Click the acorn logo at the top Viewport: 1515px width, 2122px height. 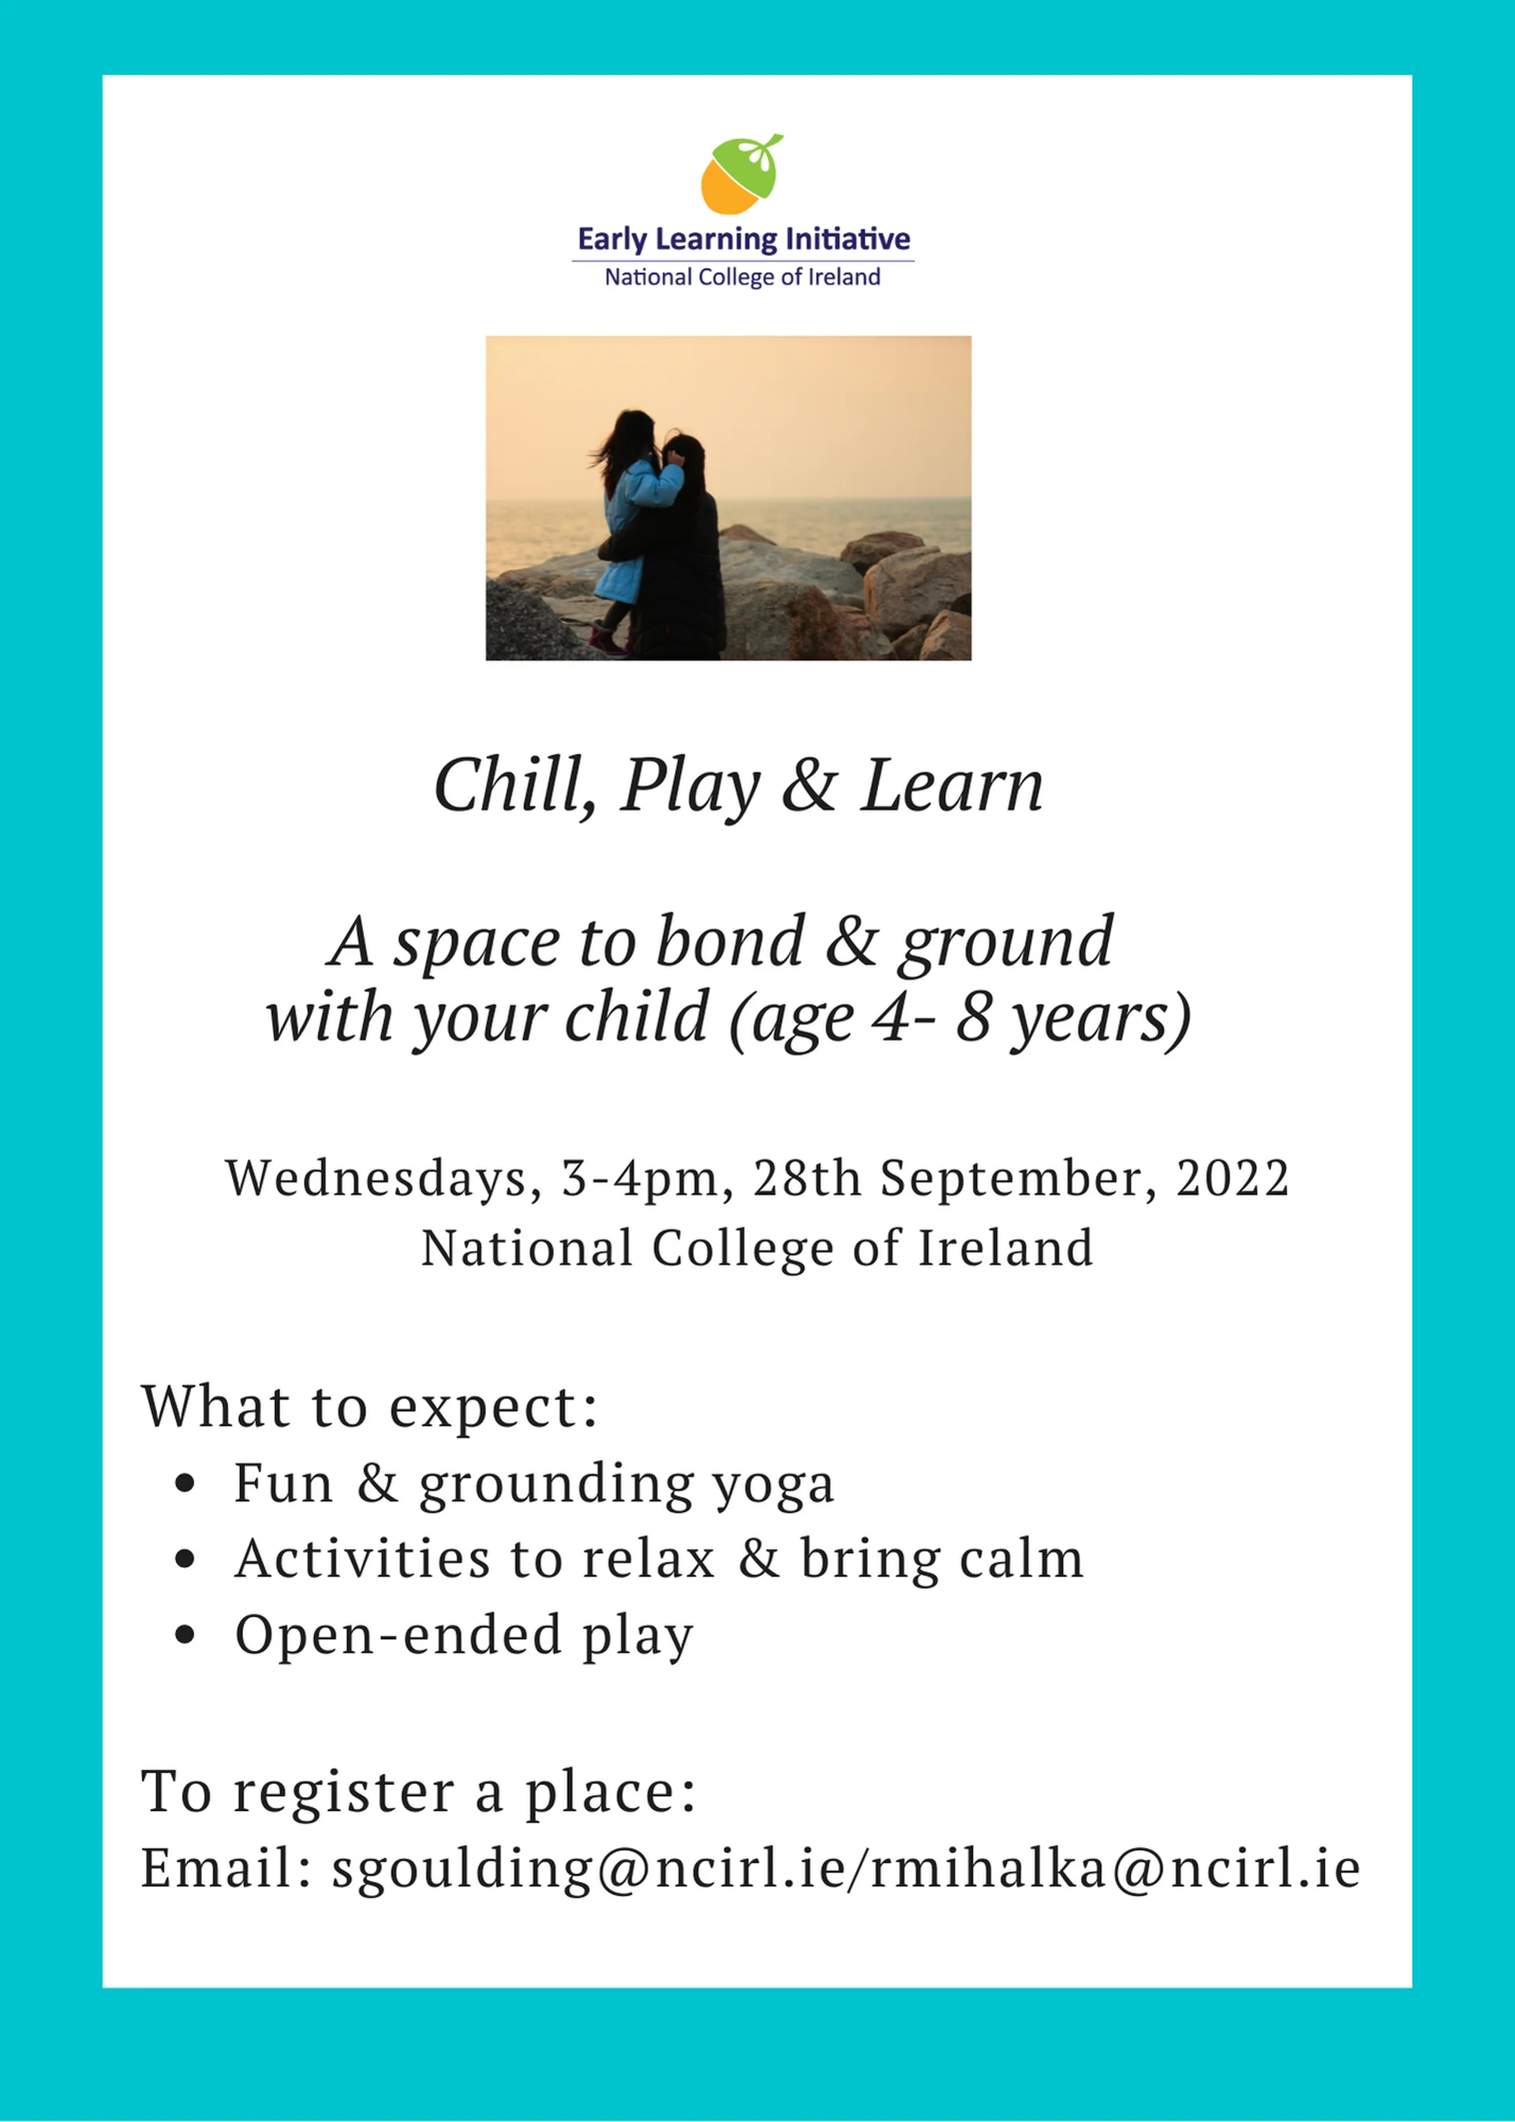[742, 174]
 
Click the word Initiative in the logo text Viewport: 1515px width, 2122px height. [848, 239]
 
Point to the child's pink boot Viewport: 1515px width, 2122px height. [608, 640]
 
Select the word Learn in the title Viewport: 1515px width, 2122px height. [952, 785]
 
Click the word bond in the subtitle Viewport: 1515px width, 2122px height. [730, 941]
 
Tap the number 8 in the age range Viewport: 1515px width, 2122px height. [973, 1018]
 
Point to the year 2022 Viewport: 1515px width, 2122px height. [1233, 1179]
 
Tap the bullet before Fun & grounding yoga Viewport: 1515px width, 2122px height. [185, 1484]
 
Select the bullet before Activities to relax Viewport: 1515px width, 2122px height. [185, 1559]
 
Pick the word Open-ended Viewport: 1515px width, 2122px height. [398, 1634]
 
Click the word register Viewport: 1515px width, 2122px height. [343, 1792]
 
